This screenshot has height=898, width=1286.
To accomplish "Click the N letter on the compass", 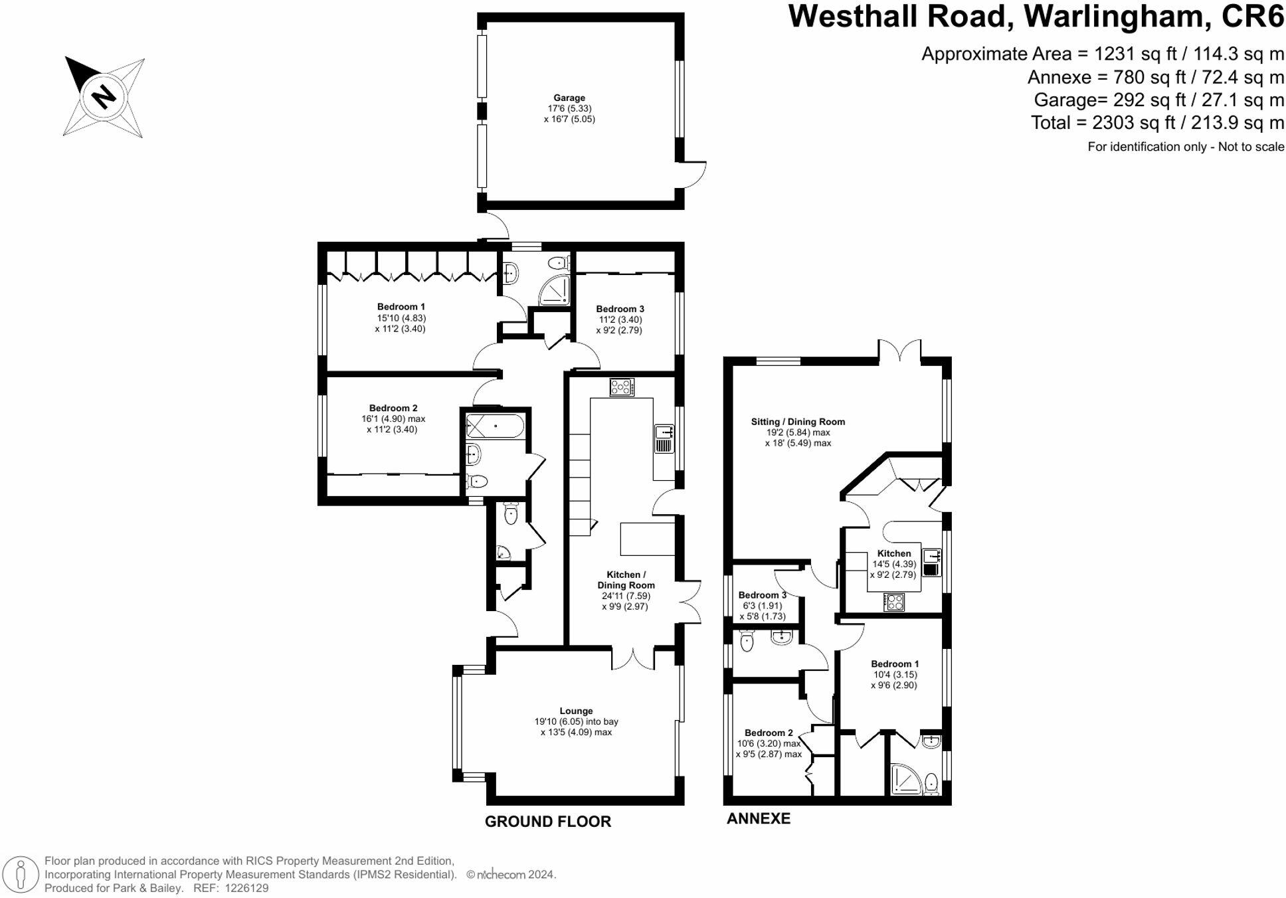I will coord(104,97).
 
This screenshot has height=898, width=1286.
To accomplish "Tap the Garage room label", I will coord(569,98).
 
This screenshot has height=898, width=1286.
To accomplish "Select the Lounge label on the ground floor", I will coord(576,711).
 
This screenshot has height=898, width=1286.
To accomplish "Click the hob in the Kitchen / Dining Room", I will coord(622,387).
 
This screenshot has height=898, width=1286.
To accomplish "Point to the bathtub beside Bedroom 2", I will coord(495,426).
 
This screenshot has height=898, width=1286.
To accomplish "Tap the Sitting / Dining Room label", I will coord(798,422).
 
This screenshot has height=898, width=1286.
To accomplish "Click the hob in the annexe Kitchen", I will coord(894,602).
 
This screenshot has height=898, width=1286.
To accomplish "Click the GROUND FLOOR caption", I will coord(547,822).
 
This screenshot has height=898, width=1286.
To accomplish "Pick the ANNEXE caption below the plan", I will coord(758,818).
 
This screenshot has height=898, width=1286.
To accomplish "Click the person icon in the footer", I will coord(21,874).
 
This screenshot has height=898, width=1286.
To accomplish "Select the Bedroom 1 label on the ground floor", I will coord(401,307).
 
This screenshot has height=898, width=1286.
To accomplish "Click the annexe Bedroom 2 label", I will coord(769,733).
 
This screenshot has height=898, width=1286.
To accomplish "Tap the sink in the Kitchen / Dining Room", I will coord(664,439).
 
